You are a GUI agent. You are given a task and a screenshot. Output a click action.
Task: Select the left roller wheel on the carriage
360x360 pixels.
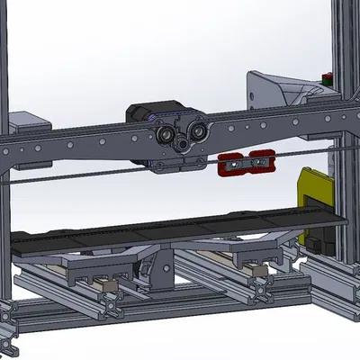pos(167,137)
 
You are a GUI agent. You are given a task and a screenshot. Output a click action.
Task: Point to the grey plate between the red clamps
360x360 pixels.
pos(246,164)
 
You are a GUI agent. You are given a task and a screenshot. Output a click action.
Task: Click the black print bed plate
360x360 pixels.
pos(180,228)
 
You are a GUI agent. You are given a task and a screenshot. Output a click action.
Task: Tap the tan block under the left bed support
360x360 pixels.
pos(109,284)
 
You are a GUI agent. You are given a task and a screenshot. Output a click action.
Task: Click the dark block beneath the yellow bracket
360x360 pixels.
pos(315,242)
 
